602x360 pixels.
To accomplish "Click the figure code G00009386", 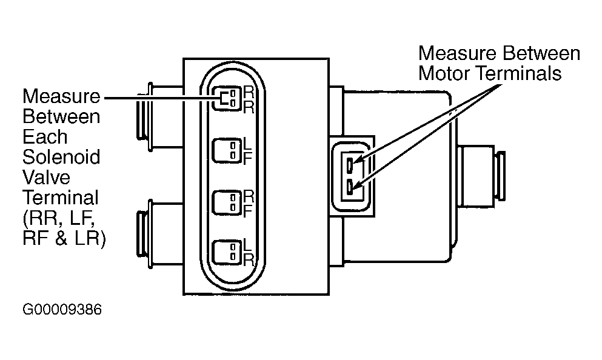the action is (62, 309).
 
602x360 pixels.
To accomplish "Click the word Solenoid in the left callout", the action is (61, 157).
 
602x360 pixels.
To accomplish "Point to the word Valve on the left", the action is (47, 178).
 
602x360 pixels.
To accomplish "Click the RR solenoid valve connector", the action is (228, 98).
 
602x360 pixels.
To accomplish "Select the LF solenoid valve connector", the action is (228, 150).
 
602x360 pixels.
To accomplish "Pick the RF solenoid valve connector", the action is (228, 202).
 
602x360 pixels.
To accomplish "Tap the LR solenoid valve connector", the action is (228, 252).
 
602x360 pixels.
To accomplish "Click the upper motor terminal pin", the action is (350, 165).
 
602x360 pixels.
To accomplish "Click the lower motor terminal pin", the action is (350, 187).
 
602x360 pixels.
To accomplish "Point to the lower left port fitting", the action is (160, 234).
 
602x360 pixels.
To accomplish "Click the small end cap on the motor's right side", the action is (501, 176).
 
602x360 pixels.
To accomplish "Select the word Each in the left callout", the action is (45, 136).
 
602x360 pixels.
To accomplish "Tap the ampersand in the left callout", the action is (61, 238).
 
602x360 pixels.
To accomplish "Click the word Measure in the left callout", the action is (61, 96).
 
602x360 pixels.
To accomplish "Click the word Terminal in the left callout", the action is (61, 198).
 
